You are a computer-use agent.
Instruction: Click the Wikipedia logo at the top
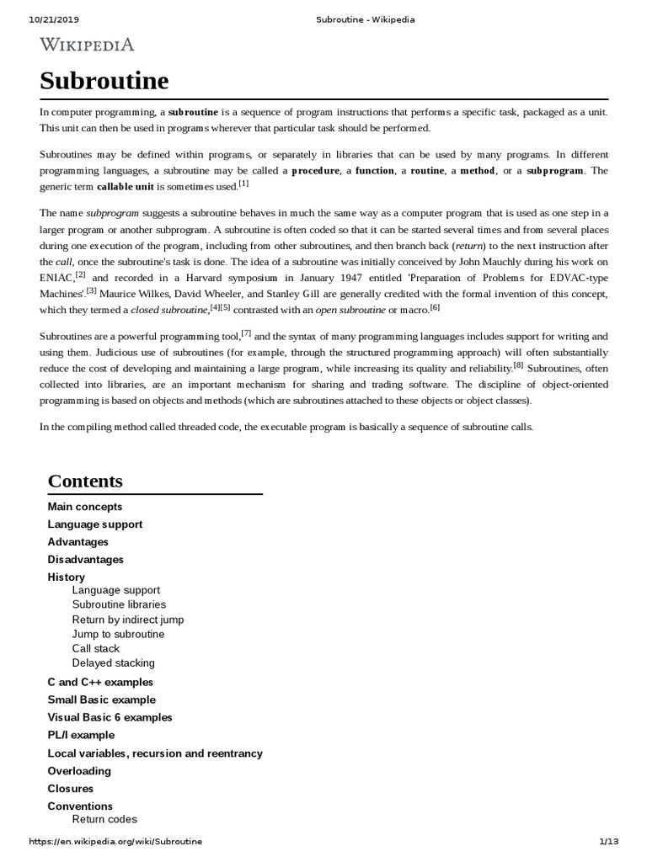pos(87,45)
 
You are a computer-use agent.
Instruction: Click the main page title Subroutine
pos(104,81)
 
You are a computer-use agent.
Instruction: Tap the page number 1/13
pos(608,841)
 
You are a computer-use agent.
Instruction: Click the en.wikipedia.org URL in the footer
pos(115,841)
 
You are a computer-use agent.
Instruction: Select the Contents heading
pos(85,481)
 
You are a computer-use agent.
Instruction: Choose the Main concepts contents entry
pos(85,507)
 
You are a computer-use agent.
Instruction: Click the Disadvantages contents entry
pos(86,560)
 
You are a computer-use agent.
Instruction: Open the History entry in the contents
pos(67,577)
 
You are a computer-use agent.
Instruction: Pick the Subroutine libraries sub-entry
pos(119,604)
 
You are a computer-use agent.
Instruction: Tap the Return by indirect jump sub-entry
pos(128,620)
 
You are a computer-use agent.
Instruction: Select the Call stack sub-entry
pos(96,649)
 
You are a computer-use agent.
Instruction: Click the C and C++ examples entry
pos(100,682)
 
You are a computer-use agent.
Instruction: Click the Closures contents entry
pos(71,789)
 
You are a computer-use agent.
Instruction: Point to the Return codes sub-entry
pos(104,819)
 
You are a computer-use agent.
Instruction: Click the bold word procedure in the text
pos(316,171)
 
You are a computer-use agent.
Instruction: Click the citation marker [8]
pos(518,365)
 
